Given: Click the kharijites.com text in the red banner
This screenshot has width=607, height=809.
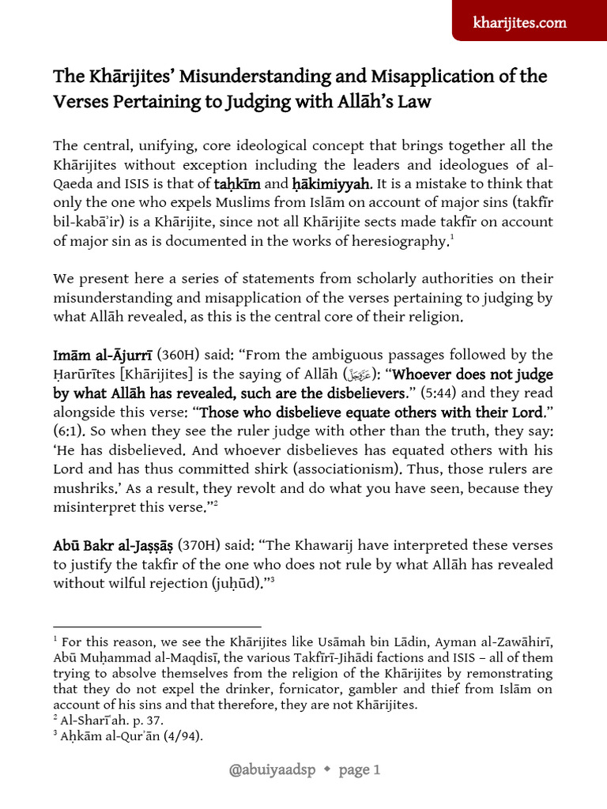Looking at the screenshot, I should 530,22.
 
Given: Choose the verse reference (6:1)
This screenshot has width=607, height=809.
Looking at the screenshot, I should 69,431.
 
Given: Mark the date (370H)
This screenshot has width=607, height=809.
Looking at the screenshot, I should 200,546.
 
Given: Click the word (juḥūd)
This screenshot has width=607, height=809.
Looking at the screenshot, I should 245,585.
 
